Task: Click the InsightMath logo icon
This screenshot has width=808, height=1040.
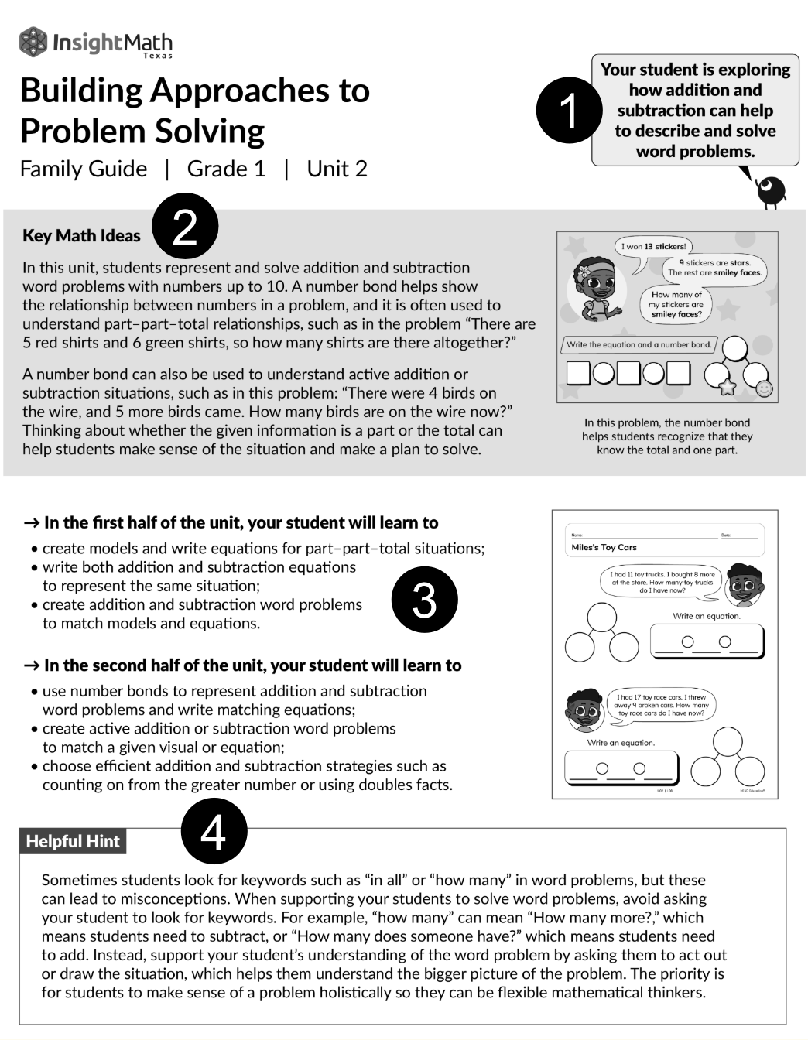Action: pyautogui.click(x=33, y=42)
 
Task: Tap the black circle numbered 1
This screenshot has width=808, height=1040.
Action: pyautogui.click(x=569, y=110)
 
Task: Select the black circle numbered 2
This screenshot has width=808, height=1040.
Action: pyautogui.click(x=185, y=227)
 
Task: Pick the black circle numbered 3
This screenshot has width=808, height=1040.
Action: pyautogui.click(x=424, y=600)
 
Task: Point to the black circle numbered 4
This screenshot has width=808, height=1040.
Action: pyautogui.click(x=214, y=831)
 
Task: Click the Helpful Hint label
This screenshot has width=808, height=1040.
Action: pyautogui.click(x=73, y=841)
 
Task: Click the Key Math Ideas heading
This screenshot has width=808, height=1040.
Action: pyautogui.click(x=81, y=236)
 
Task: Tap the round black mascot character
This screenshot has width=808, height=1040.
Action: pyautogui.click(x=771, y=190)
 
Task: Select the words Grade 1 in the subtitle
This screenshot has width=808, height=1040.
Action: pyautogui.click(x=226, y=169)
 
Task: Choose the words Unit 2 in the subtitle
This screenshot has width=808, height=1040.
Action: pyautogui.click(x=337, y=169)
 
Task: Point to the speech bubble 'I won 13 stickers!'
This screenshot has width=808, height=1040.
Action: pyautogui.click(x=652, y=247)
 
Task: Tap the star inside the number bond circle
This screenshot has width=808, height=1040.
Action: pyautogui.click(x=727, y=387)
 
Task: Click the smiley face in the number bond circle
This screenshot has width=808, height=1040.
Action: pyautogui.click(x=765, y=388)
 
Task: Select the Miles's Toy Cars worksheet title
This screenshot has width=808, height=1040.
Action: pyautogui.click(x=604, y=547)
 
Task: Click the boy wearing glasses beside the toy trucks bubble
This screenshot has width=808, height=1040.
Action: pyautogui.click(x=745, y=585)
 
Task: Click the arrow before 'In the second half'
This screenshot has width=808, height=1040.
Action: pyautogui.click(x=31, y=665)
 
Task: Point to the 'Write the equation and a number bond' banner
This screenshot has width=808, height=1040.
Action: pyautogui.click(x=639, y=345)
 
